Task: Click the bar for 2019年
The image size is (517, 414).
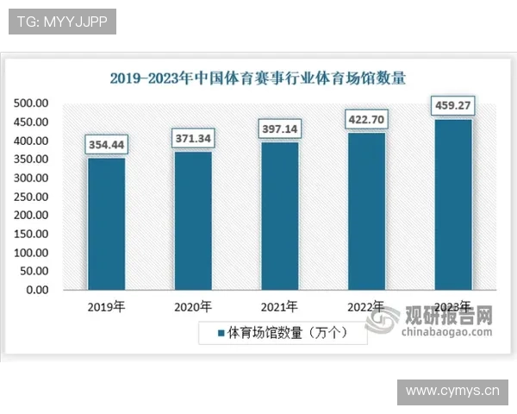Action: tap(106, 223)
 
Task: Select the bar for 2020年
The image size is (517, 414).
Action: tap(193, 220)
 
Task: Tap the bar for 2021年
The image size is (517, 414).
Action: tap(280, 216)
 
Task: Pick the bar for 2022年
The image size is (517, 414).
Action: tap(366, 210)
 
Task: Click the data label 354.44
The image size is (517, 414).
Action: tap(106, 145)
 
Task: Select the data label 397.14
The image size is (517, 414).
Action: tap(280, 129)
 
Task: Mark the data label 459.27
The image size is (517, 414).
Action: tap(453, 106)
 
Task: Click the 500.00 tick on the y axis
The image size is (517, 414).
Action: tap(31, 103)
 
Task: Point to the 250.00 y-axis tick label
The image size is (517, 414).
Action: tap(31, 197)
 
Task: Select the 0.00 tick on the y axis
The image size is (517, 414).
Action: tap(37, 290)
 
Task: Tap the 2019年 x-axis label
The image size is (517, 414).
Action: tap(106, 306)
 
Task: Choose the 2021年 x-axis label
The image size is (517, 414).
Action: tap(280, 306)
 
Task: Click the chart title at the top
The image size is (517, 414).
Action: tap(258, 78)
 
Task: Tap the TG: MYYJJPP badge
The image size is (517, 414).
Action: tap(61, 22)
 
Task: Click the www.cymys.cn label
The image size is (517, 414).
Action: tap(452, 392)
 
